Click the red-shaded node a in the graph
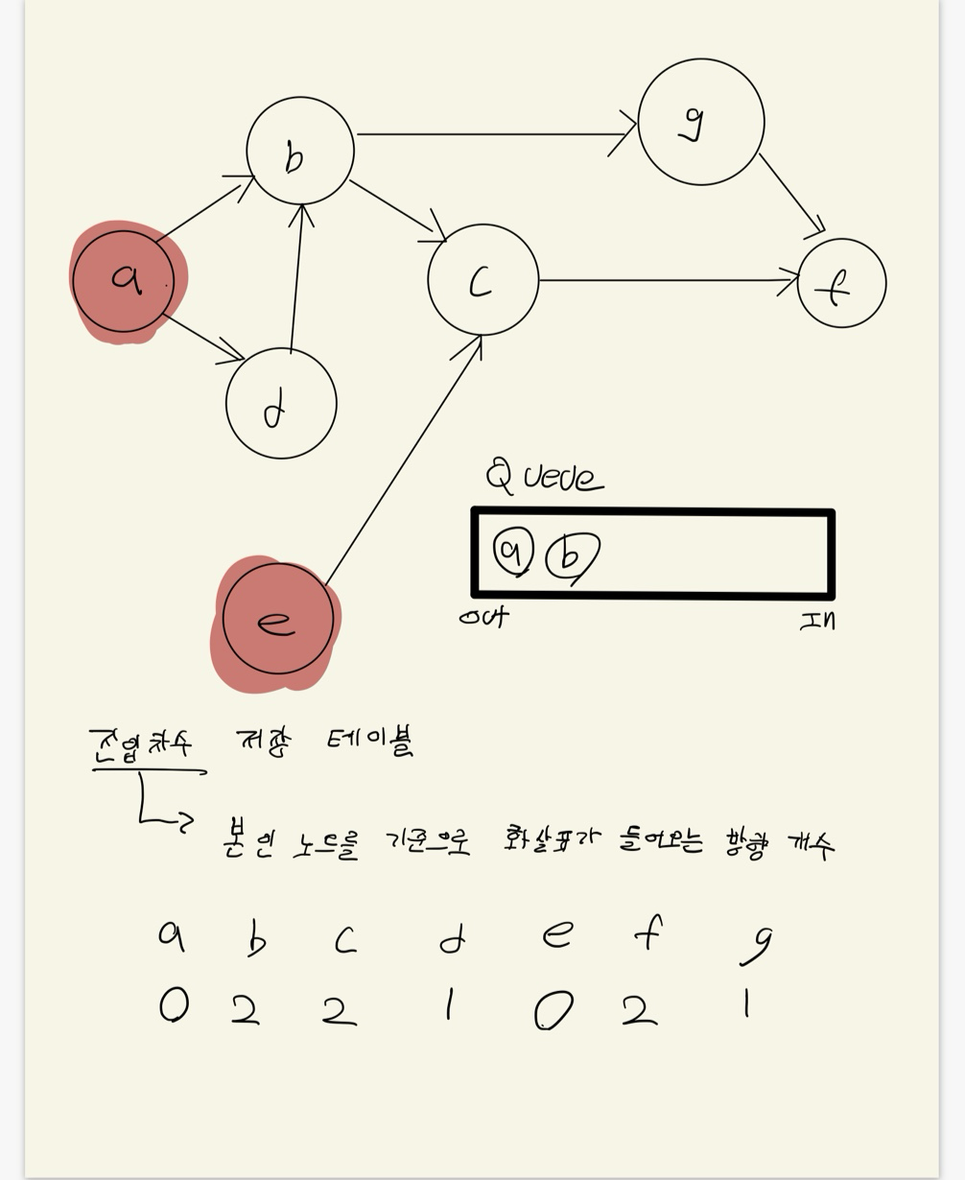coord(124,281)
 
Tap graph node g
coord(700,122)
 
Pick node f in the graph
coord(841,284)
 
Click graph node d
coord(281,404)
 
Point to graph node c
coord(482,280)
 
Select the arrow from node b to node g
coord(489,134)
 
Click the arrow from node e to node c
coord(403,460)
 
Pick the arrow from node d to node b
coord(296,278)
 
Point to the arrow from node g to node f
coord(790,193)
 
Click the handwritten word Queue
coord(545,476)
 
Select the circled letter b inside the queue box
coord(572,556)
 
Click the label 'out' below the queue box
coord(484,617)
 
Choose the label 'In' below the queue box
coord(817,621)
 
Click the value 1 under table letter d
coord(448,1004)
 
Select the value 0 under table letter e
coord(553,1010)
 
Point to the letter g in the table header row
coord(757,943)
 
